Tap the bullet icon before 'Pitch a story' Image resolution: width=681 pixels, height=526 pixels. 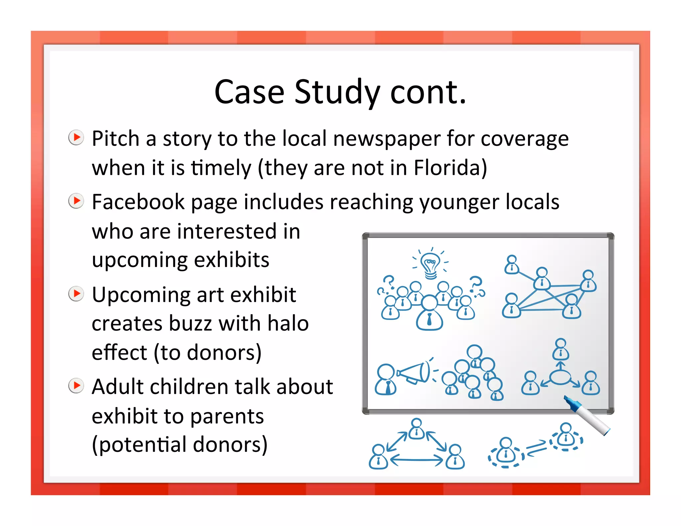76,137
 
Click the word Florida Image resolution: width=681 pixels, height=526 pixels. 450,168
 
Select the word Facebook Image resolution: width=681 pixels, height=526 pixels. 138,202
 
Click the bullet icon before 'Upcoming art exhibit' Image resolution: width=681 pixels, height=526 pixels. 76,294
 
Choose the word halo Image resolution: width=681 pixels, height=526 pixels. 288,324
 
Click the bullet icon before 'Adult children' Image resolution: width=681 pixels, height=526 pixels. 76,385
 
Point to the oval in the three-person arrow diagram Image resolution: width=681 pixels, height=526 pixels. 560,377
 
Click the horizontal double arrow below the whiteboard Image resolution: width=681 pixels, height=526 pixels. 416,460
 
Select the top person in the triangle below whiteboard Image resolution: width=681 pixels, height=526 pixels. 416,429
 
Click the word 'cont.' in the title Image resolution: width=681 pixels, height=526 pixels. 428,92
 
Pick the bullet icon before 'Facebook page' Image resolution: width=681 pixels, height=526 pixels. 76,201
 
